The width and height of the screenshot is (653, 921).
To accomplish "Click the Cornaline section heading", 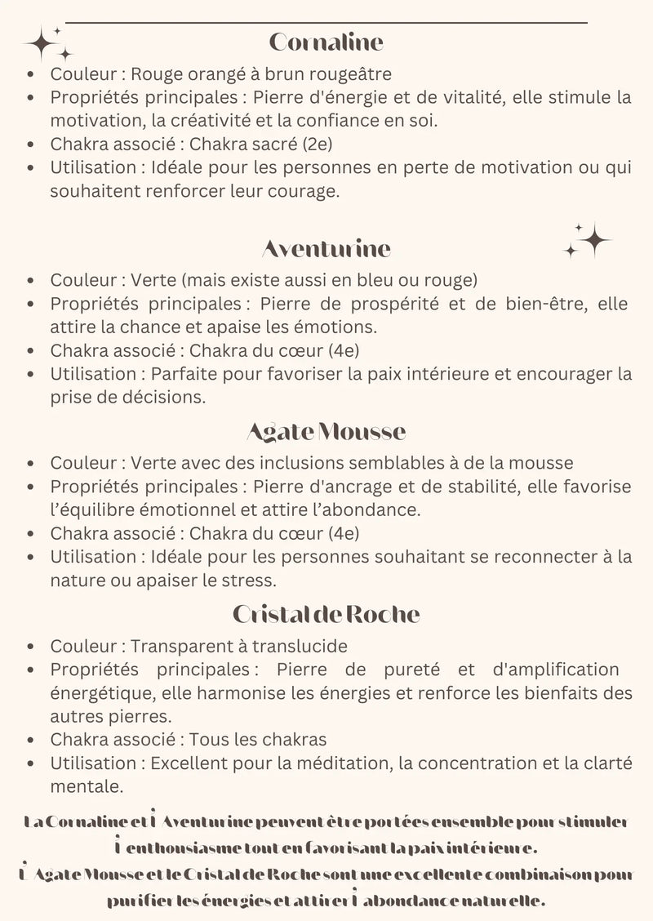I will coord(326,42).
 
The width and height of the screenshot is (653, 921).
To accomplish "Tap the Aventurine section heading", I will coord(326,247).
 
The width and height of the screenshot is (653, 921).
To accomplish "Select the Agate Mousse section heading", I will coord(326,430).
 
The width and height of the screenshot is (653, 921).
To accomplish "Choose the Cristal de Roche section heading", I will coord(326,613).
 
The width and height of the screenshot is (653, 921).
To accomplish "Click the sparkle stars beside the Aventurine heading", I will coord(589,240).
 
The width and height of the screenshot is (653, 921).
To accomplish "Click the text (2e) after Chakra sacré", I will coord(318,145).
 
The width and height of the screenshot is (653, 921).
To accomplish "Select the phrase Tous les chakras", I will coord(258,740).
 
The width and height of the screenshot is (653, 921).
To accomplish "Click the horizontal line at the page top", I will coord(326,23).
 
